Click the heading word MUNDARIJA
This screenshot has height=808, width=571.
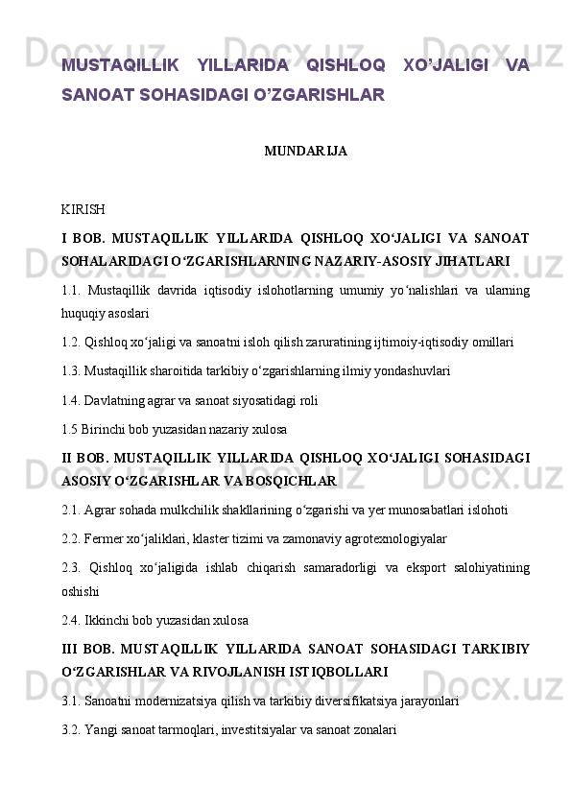pyautogui.click(x=305, y=152)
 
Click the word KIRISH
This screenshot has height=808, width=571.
pyautogui.click(x=83, y=209)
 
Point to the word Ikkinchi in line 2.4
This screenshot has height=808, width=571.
pyautogui.click(x=107, y=619)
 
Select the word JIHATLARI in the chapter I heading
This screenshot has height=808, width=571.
pyautogui.click(x=475, y=260)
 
